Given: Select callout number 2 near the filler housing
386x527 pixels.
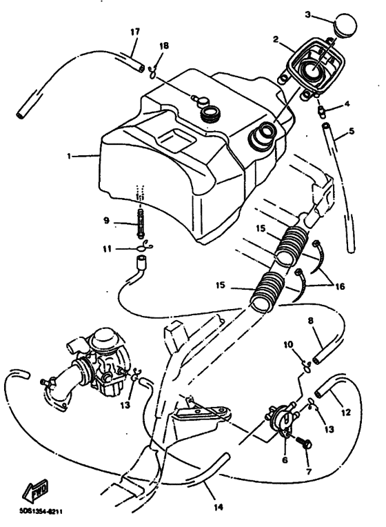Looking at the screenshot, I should point(276,40).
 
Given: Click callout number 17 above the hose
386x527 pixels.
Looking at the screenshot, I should point(134,32).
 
